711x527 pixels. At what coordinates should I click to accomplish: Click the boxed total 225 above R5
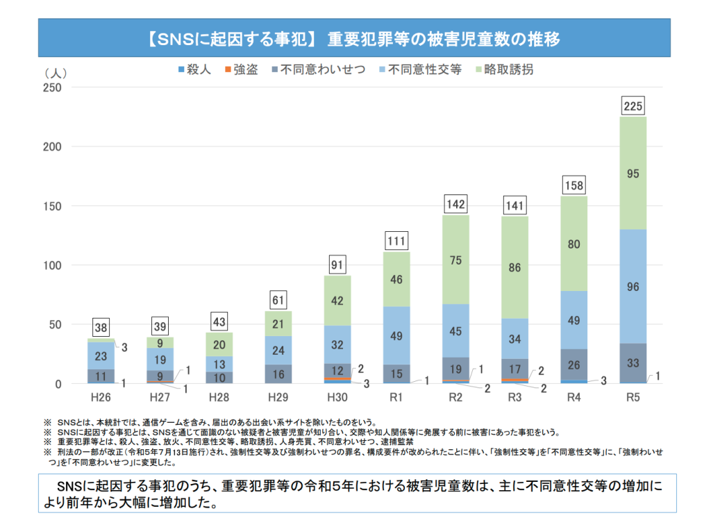tap(633, 106)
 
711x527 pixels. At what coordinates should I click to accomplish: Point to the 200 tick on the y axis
tap(53, 147)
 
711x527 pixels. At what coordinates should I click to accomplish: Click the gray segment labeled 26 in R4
tap(574, 365)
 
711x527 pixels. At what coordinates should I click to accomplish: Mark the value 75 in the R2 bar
tap(455, 260)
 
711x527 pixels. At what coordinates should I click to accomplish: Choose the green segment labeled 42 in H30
tap(337, 301)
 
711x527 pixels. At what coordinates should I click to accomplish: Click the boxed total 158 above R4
tap(574, 185)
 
